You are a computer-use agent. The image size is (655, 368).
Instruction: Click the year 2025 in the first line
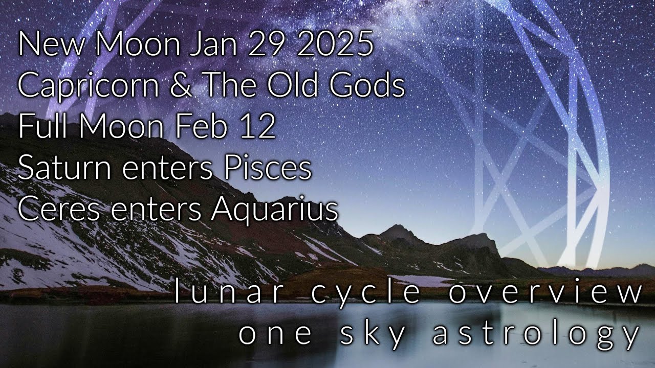pyautogui.click(x=335, y=45)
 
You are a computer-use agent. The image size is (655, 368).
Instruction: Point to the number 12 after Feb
pyautogui.click(x=259, y=127)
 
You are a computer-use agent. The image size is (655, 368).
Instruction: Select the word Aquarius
pyautogui.click(x=274, y=209)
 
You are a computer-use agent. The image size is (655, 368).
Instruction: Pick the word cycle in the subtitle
pyautogui.click(x=366, y=293)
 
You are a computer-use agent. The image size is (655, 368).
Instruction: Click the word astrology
pyautogui.click(x=536, y=335)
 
